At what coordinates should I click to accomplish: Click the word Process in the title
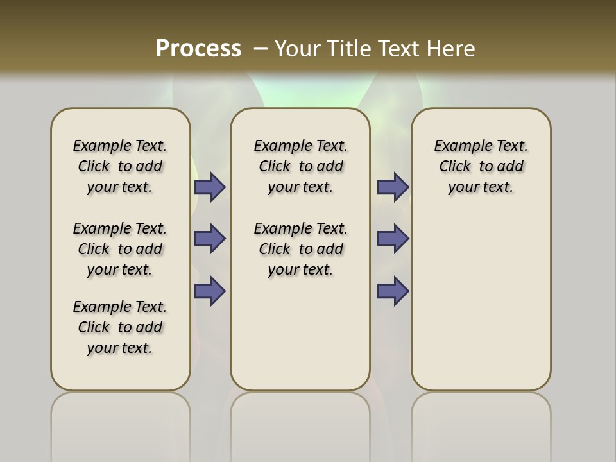[x=198, y=48]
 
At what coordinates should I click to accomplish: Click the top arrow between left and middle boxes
[x=210, y=187]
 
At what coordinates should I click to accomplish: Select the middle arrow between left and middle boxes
[x=210, y=239]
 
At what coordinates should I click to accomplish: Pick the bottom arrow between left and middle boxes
[x=210, y=291]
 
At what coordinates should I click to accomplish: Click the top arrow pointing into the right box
[x=393, y=187]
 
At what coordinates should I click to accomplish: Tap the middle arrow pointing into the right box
[x=393, y=239]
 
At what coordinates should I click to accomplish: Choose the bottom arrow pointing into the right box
[x=393, y=291]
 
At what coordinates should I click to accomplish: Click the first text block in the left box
[x=120, y=166]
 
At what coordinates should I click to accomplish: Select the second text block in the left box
[x=120, y=249]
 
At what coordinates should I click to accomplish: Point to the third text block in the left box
[x=120, y=327]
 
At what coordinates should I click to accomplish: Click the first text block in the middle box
[x=301, y=166]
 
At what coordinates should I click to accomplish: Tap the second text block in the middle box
[x=301, y=249]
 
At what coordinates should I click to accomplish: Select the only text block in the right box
[x=481, y=166]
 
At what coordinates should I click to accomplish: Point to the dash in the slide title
[x=261, y=48]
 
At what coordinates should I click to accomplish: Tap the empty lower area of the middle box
[x=300, y=334]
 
